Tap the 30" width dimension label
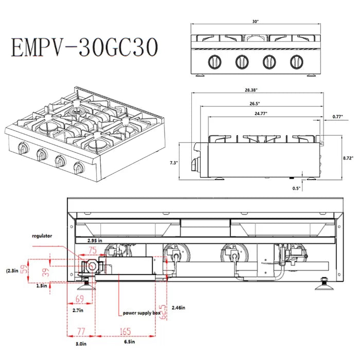[256, 22]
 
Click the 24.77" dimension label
[261, 113]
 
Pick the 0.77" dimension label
[337, 117]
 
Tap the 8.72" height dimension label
[348, 158]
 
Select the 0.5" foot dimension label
[296, 188]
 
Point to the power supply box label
[142, 313]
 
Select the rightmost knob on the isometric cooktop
[79, 167]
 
